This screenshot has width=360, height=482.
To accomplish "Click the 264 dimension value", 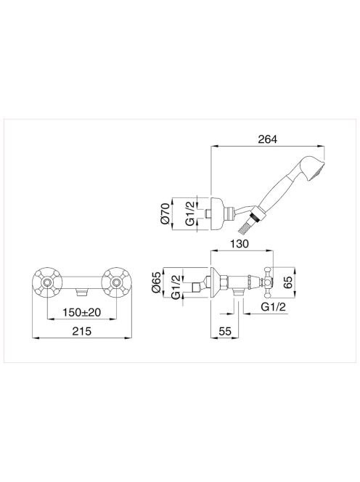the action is pyautogui.click(x=267, y=139).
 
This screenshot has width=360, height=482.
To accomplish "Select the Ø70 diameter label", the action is pyautogui.click(x=165, y=213).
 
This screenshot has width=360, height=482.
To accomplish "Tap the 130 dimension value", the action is pyautogui.click(x=240, y=244).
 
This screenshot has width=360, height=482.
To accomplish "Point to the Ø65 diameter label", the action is pyautogui.click(x=157, y=282).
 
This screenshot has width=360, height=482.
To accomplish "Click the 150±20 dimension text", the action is pyautogui.click(x=82, y=313).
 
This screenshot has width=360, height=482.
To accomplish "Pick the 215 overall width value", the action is pyautogui.click(x=82, y=331).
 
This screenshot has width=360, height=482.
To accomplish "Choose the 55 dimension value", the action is pyautogui.click(x=225, y=331).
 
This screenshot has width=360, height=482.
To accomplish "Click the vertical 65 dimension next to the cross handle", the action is pyautogui.click(x=288, y=282).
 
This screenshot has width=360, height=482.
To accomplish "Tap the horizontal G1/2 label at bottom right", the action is pyautogui.click(x=273, y=307).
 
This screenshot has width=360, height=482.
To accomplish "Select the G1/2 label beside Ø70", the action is pyautogui.click(x=191, y=213).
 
